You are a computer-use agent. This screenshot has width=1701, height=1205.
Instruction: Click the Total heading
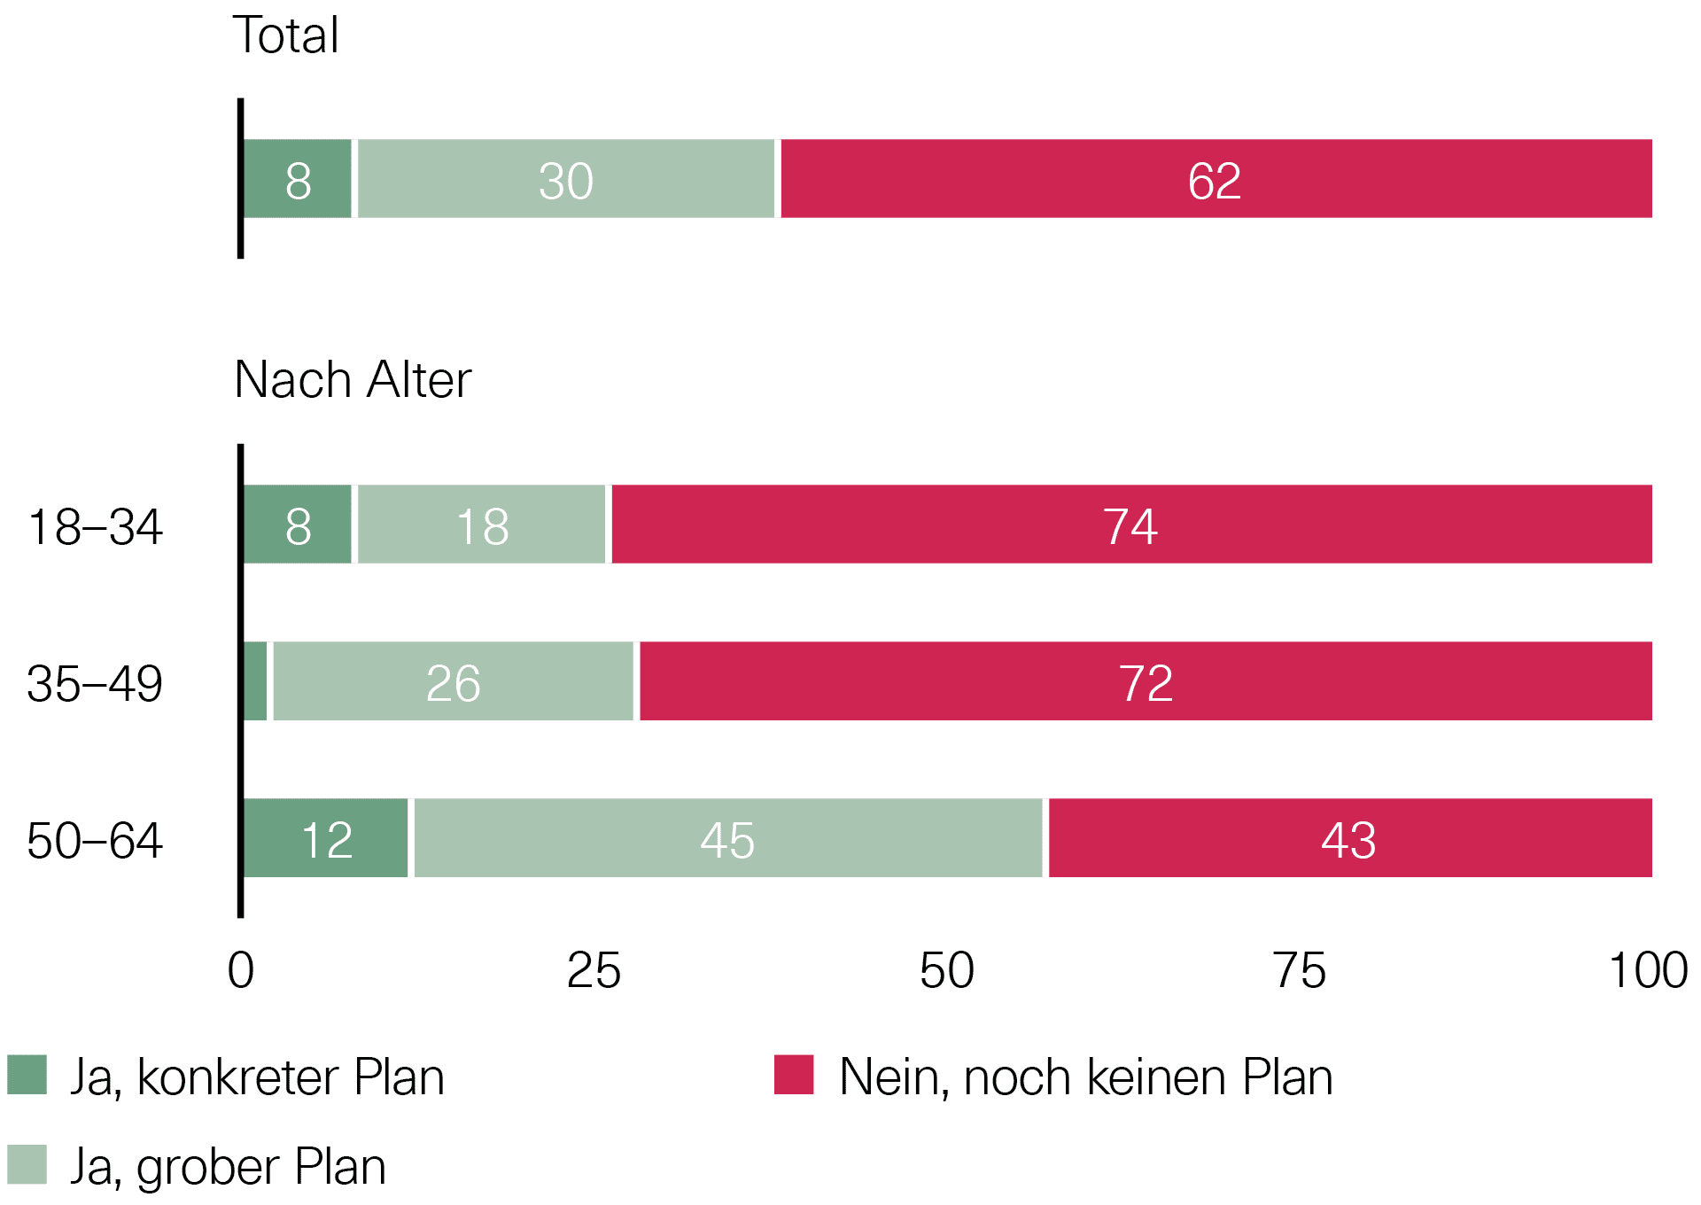coord(285,36)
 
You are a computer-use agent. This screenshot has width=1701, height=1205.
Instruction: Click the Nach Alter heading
coord(353,381)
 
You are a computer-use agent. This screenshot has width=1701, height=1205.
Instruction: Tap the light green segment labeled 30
coord(566,179)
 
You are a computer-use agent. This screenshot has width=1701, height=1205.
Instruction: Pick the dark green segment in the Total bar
coord(298,179)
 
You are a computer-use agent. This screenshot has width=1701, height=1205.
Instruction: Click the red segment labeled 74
coord(1131,525)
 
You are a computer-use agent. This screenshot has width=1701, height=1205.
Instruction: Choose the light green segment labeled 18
coord(482,525)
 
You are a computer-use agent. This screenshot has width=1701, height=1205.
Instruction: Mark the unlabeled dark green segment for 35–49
coord(255,681)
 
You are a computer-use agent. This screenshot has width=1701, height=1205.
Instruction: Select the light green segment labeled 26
coord(454,681)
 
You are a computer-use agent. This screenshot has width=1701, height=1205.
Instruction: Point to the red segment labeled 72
coord(1146,681)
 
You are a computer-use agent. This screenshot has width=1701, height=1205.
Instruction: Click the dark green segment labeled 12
coord(326,838)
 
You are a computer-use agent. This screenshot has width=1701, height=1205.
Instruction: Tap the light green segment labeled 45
coord(728,838)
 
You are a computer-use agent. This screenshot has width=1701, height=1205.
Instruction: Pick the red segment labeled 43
coord(1349,838)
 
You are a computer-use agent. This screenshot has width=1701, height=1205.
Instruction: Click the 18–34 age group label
coord(95,527)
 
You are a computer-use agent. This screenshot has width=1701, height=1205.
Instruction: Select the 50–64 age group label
coord(95,841)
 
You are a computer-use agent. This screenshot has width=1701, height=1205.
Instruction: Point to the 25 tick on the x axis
coord(594,971)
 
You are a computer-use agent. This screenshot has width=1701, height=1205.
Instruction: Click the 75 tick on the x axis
coord(1299,971)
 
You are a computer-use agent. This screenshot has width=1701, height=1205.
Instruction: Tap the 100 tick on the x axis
coord(1648,971)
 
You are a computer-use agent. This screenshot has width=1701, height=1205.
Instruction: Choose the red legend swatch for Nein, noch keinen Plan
coord(794,1075)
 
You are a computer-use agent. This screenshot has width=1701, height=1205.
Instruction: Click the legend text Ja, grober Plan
coord(228,1167)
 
